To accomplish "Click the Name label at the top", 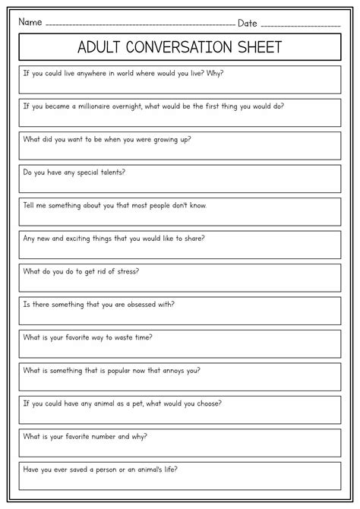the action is pyautogui.click(x=30, y=23).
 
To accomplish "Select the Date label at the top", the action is pyautogui.click(x=248, y=23).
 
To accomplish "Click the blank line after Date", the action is pyautogui.click(x=299, y=25).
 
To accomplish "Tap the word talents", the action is pyautogui.click(x=110, y=172).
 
